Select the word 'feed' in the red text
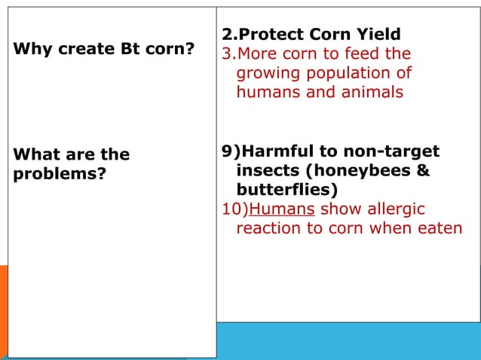(x=357, y=54)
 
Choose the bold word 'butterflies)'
(x=288, y=190)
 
